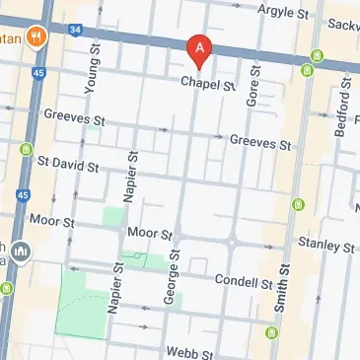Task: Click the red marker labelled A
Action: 199,48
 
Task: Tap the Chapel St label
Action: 208,87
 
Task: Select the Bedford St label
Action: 340,115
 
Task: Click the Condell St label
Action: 244,283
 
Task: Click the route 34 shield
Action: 76,30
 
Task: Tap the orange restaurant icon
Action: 37,36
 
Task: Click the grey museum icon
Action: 22,252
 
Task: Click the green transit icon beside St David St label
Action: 26,150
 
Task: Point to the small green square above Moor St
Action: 114,216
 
